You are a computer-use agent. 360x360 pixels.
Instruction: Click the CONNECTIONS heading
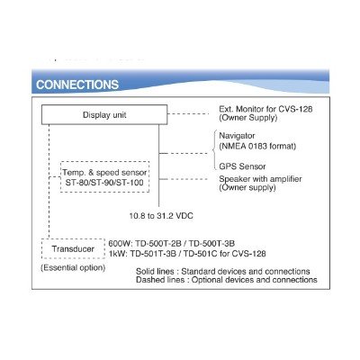(77, 85)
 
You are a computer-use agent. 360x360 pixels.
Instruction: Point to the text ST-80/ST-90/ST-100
(104, 183)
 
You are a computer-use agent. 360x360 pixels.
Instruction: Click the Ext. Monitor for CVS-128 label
(265, 109)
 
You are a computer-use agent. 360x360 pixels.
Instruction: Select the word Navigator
(237, 136)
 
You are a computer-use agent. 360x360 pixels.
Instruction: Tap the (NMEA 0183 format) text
(257, 146)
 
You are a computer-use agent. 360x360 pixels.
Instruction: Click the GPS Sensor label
(242, 166)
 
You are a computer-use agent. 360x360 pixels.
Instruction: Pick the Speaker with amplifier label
(260, 179)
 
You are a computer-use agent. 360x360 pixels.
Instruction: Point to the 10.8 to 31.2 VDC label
(161, 216)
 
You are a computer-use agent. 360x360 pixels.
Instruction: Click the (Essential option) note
(73, 267)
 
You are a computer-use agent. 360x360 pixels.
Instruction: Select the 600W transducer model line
(172, 243)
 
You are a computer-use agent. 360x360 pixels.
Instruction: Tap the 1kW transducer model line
(187, 254)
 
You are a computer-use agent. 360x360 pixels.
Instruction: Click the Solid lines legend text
(223, 272)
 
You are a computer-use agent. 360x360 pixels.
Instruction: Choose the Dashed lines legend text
(227, 280)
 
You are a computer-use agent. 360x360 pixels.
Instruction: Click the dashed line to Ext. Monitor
(188, 114)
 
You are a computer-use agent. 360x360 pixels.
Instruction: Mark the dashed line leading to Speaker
(184, 179)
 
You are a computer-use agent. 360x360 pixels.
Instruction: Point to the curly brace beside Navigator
(214, 149)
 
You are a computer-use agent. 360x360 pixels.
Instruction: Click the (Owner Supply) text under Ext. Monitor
(248, 118)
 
